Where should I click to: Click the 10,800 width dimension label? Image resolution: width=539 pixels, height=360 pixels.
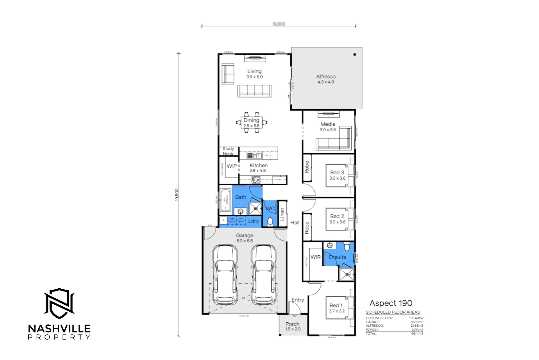[278, 24]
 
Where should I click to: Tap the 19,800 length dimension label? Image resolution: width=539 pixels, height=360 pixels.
[177, 195]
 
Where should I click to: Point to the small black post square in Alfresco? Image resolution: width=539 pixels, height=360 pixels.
[355, 54]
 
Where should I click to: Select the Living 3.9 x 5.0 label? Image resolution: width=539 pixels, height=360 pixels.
[255, 74]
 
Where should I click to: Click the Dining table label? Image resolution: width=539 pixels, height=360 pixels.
[251, 123]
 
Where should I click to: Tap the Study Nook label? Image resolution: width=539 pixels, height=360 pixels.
[228, 151]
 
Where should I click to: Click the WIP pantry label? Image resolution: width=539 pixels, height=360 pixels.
[232, 166]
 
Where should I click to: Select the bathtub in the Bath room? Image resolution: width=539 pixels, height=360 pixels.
[226, 200]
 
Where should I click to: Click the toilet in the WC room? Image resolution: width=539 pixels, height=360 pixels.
[270, 221]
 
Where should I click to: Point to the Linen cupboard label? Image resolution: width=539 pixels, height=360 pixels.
[282, 214]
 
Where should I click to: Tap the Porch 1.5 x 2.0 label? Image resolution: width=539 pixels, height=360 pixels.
[292, 326]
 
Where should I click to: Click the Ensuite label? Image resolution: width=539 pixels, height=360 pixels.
[337, 257]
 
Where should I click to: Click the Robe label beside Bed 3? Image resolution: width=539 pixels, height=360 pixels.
[307, 167]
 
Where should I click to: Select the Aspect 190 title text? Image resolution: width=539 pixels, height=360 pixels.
[391, 303]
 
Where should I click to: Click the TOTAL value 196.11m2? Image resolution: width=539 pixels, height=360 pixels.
[416, 333]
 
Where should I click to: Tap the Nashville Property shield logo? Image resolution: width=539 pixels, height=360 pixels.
[59, 303]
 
